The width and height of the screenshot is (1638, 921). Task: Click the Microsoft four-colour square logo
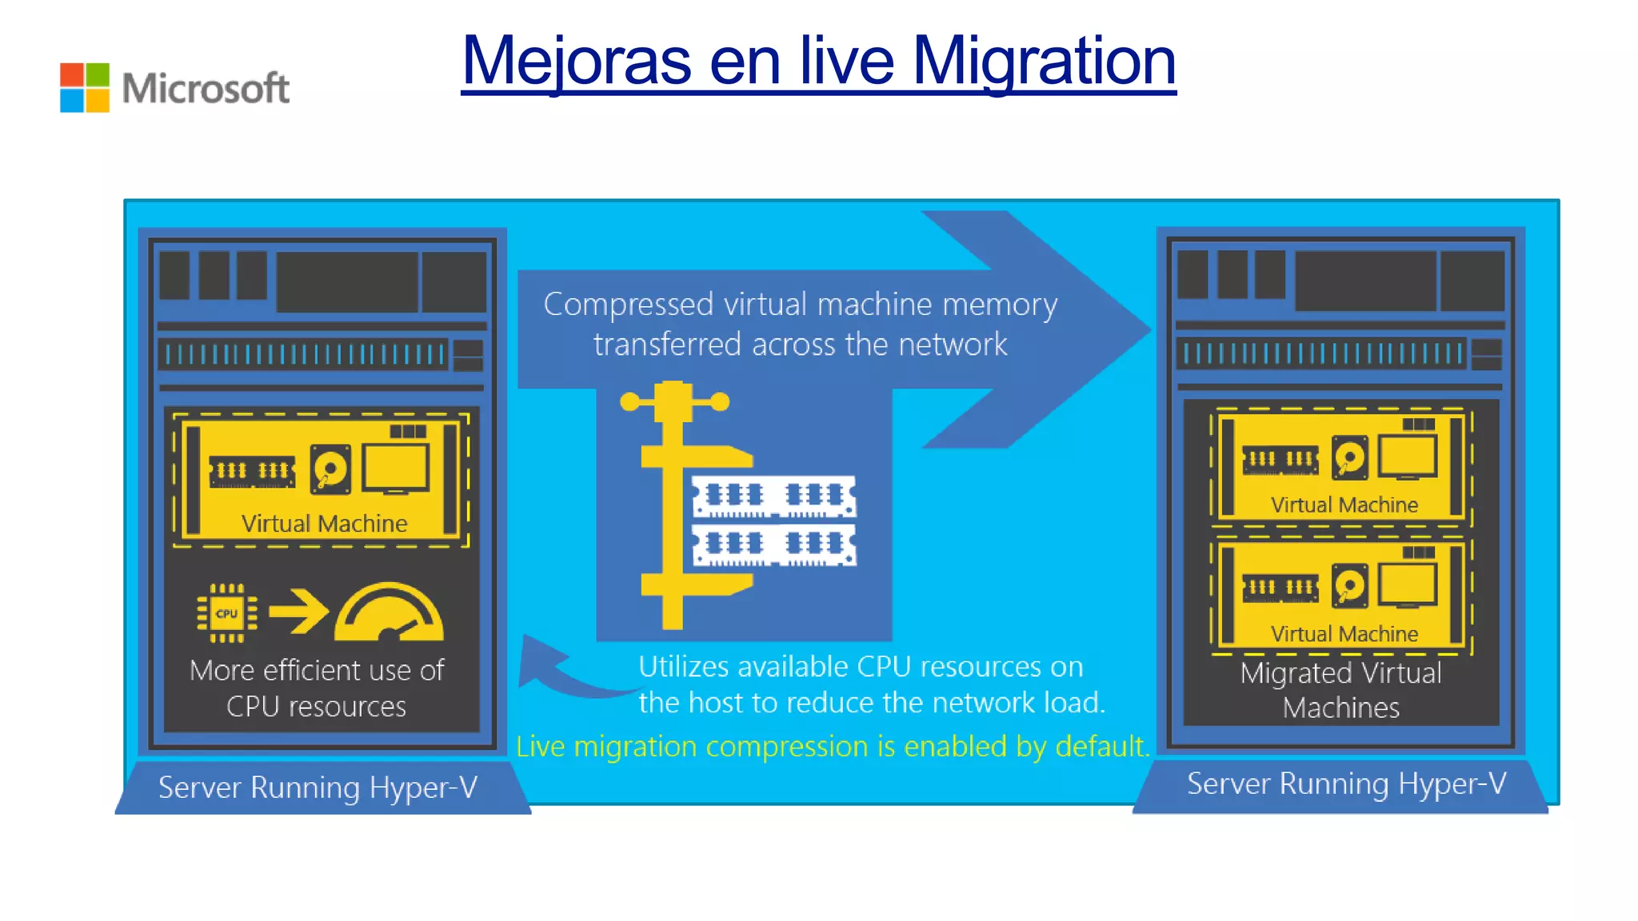point(84,88)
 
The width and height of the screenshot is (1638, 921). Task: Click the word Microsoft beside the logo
point(206,88)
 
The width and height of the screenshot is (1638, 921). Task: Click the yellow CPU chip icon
point(227,613)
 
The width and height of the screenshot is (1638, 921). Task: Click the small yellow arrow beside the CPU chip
point(298,612)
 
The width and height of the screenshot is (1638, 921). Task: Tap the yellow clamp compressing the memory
point(672,504)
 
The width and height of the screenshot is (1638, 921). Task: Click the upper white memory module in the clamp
point(773,496)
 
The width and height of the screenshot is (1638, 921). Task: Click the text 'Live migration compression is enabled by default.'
point(832,746)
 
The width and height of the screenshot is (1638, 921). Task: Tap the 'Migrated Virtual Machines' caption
point(1341,690)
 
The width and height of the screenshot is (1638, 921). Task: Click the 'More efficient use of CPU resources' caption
point(317,688)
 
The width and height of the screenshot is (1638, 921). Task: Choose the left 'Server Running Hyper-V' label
point(318,787)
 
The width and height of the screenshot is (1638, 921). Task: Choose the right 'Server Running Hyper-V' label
point(1346,783)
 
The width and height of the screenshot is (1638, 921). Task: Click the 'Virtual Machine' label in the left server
point(324,524)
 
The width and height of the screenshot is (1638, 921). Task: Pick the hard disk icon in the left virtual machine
point(331,468)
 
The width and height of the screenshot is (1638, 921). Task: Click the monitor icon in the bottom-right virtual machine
point(1407,585)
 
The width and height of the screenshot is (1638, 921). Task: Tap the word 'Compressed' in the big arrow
point(628,305)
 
